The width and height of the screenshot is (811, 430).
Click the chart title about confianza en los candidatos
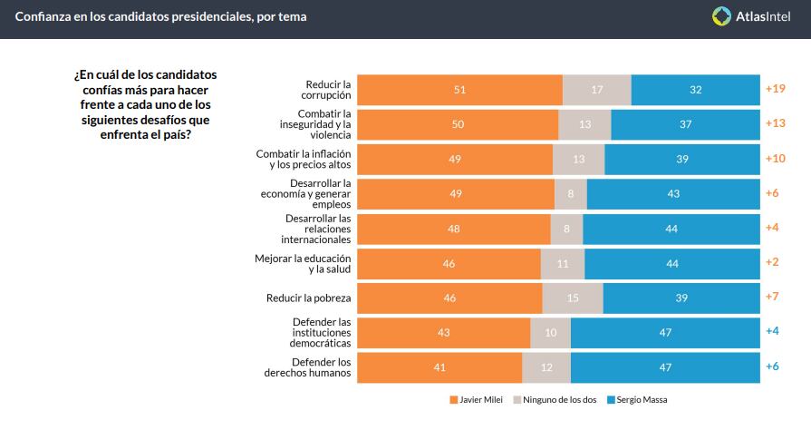[160, 16]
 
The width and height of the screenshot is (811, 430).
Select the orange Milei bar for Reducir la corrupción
[459, 90]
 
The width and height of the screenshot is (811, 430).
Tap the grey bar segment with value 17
[596, 90]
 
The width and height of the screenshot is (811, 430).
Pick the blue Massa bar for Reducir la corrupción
[695, 90]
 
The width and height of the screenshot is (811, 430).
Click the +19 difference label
[776, 89]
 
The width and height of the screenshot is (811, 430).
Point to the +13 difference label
[776, 124]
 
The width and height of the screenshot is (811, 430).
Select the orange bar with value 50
[458, 124]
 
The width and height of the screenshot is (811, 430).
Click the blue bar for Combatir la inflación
[681, 159]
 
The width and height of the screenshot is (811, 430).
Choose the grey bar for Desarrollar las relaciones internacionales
[566, 229]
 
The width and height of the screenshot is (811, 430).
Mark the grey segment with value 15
[573, 298]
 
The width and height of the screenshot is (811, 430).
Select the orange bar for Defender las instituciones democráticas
[443, 332]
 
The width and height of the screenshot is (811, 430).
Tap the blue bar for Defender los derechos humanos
[665, 367]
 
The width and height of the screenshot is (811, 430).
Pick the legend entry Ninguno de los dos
[555, 400]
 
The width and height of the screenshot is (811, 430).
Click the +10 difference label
[776, 159]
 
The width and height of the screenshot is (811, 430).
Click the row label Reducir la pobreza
[308, 298]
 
